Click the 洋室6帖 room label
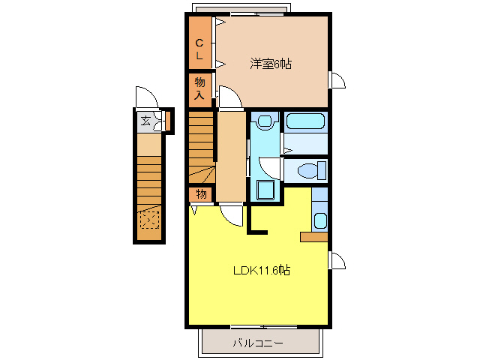pyautogui.click(x=271, y=64)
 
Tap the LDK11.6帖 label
pyautogui.click(x=260, y=270)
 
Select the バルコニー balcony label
pyautogui.click(x=257, y=343)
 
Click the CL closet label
pyautogui.click(x=199, y=49)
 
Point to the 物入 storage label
pyautogui.click(x=199, y=88)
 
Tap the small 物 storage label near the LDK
pyautogui.click(x=200, y=193)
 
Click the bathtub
pyautogui.click(x=305, y=122)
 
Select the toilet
pyautogui.click(x=308, y=171)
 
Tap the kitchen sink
pyautogui.click(x=320, y=220)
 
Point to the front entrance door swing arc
pyautogui.click(x=145, y=97)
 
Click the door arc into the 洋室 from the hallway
pyautogui.click(x=230, y=97)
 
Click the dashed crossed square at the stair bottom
pyautogui.click(x=149, y=220)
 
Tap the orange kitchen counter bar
pyautogui.click(x=313, y=237)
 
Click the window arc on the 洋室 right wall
pyautogui.click(x=337, y=79)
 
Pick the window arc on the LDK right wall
pyautogui.click(x=337, y=260)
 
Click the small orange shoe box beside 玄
pyautogui.click(x=169, y=120)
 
